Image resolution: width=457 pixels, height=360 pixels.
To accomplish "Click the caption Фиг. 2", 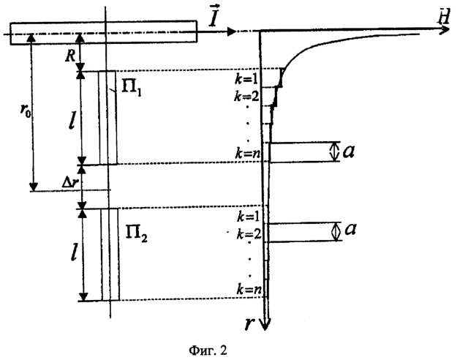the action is (x=208, y=350).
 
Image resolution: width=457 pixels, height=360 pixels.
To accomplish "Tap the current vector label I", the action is (x=214, y=19).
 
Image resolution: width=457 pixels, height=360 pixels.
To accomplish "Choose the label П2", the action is (x=136, y=233).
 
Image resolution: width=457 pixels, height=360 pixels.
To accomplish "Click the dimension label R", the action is (x=71, y=56).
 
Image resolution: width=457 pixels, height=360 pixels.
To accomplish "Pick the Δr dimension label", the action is (x=70, y=182).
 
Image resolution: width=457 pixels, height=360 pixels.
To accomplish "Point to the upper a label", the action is (x=349, y=151).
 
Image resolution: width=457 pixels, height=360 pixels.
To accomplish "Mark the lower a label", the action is (x=350, y=229).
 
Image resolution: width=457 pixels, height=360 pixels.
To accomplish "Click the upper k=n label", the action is (x=248, y=153).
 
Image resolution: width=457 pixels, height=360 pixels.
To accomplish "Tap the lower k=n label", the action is (x=249, y=290).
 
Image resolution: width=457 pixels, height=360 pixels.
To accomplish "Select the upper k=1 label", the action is (x=247, y=79).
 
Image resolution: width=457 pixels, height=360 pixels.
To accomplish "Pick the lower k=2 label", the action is (x=249, y=234).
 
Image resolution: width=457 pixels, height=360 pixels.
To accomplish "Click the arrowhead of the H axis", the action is (x=445, y=29).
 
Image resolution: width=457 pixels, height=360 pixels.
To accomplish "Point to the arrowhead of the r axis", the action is (x=265, y=324).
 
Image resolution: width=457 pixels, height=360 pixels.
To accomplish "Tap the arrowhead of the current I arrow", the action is (x=231, y=31).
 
